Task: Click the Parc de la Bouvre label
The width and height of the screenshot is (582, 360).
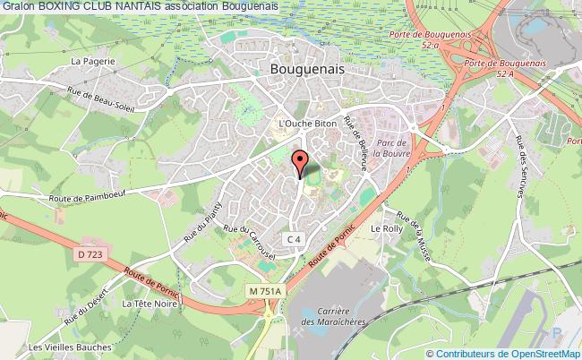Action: point(391,146)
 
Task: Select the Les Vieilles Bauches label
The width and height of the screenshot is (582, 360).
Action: point(67,347)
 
